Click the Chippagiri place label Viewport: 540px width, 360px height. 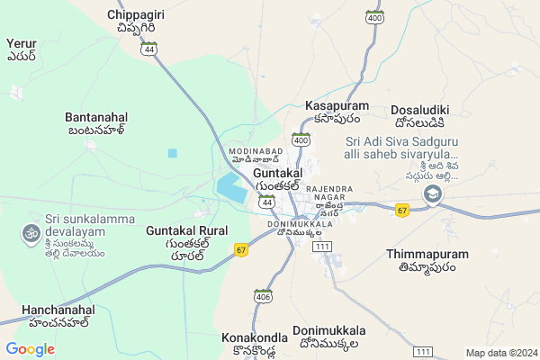point(135,22)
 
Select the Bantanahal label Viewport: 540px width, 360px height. point(96,123)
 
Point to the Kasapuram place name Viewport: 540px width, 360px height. point(332,112)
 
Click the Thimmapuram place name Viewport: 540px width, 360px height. point(427,260)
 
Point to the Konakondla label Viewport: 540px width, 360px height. point(255,343)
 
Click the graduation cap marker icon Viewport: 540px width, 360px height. point(433,194)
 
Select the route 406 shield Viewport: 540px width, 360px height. point(263,296)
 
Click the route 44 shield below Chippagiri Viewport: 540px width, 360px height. point(148,49)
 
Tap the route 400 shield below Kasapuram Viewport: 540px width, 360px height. point(301,140)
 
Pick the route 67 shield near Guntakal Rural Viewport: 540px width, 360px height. point(240,249)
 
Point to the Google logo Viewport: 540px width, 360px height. point(30,349)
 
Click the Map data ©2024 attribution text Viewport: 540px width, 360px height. point(500,353)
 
